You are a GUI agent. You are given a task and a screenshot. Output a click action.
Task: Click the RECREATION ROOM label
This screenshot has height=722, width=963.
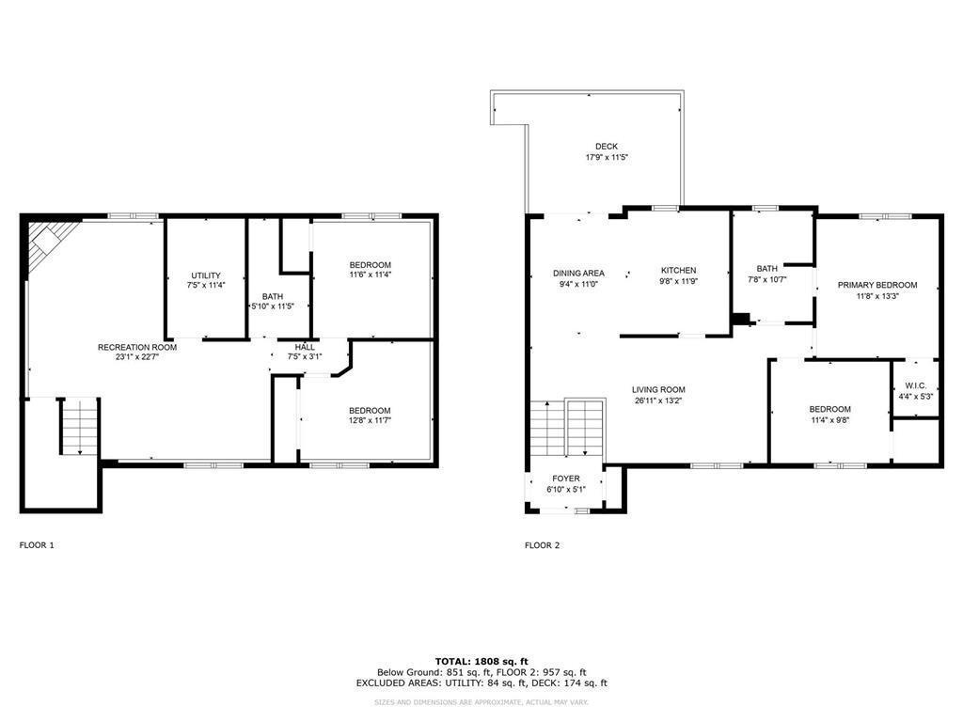(137, 347)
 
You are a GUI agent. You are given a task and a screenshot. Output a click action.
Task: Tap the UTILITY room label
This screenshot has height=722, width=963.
(205, 275)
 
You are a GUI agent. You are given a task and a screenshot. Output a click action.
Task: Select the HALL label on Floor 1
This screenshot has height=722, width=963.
(305, 347)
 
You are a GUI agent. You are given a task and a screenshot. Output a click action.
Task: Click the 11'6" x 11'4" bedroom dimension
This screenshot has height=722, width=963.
(370, 275)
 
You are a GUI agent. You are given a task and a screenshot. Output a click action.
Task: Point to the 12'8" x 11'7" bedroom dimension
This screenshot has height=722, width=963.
(370, 421)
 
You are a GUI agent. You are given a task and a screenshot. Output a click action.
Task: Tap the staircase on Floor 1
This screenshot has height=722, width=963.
(80, 427)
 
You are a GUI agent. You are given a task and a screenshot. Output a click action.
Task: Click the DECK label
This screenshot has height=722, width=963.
(607, 147)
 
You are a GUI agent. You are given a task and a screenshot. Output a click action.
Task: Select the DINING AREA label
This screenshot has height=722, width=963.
(578, 273)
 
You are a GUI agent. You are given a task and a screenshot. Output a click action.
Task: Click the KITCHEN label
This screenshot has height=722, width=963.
(678, 271)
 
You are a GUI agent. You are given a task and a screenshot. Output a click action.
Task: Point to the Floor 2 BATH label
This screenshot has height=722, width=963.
(766, 268)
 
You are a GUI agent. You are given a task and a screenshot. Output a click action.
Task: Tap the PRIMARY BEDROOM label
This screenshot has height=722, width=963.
(877, 285)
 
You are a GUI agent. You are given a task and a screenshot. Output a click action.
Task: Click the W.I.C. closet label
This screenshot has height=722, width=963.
(915, 385)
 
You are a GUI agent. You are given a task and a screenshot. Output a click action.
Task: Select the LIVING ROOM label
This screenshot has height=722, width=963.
(658, 389)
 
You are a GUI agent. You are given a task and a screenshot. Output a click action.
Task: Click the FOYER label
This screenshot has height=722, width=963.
(565, 479)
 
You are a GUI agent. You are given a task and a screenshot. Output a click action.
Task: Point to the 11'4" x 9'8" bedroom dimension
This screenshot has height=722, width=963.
(830, 420)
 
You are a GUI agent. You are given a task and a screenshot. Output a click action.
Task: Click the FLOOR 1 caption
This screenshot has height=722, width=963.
(38, 545)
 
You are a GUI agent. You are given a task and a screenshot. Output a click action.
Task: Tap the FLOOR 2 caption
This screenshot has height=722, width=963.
(543, 545)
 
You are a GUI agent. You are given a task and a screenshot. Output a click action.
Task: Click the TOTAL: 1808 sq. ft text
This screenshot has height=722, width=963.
(481, 661)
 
